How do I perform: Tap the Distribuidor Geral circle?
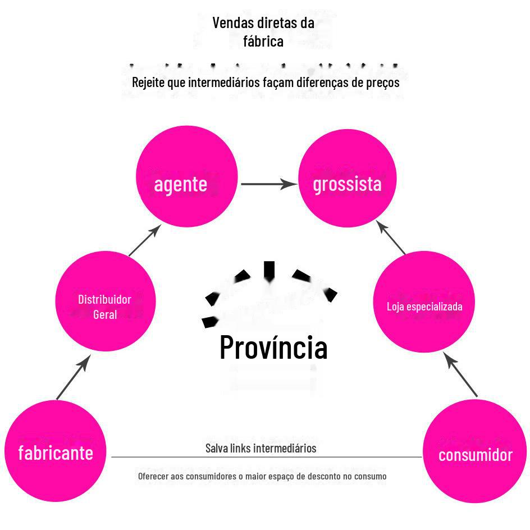point(105,301)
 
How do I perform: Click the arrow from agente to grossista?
point(268,184)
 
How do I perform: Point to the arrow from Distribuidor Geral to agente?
point(145,240)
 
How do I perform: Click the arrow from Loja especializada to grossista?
point(391,237)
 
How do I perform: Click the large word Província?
point(273,346)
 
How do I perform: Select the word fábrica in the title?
point(263,41)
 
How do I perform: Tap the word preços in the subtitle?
point(381,82)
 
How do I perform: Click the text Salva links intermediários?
point(261,448)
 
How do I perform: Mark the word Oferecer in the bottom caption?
point(153,476)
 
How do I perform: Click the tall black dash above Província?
point(269,270)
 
